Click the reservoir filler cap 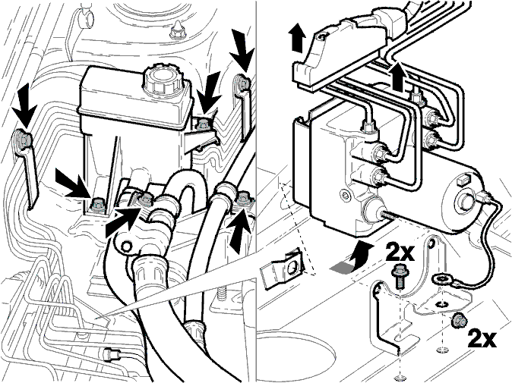click(x=161, y=79)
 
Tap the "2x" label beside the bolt click(x=400, y=252)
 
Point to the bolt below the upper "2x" click(x=398, y=276)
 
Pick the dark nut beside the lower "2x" click(x=458, y=322)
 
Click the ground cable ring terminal click(x=441, y=279)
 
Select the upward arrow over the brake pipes click(x=398, y=76)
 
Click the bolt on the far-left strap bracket click(x=24, y=140)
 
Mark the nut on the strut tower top click(x=176, y=30)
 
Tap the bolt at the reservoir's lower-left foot click(x=98, y=204)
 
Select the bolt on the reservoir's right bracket click(x=203, y=124)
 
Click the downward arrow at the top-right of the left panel click(x=242, y=51)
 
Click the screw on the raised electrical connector click(x=323, y=37)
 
